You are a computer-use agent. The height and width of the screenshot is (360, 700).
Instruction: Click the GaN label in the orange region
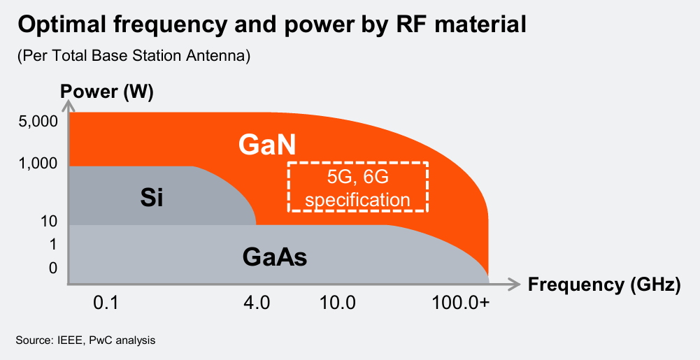click(x=267, y=145)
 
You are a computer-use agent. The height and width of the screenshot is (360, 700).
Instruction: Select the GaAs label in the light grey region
click(x=275, y=258)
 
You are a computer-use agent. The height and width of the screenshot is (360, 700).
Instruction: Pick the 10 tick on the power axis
click(x=48, y=222)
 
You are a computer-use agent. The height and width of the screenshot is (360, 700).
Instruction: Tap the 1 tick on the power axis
click(x=52, y=245)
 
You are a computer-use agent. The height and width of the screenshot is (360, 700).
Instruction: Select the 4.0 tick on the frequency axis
click(x=256, y=303)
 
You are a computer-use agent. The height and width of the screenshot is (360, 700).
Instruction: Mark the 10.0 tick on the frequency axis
click(x=338, y=303)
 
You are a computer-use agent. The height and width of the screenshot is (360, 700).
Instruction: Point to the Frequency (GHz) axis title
click(x=603, y=285)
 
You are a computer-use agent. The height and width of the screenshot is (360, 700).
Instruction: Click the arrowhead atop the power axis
click(x=69, y=106)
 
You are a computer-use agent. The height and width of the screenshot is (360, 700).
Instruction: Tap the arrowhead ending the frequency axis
click(x=515, y=284)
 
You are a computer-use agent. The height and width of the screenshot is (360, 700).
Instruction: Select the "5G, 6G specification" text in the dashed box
click(x=357, y=188)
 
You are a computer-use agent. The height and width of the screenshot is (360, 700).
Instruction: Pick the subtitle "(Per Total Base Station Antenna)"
click(x=134, y=56)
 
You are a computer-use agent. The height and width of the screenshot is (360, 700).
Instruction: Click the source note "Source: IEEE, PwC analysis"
click(x=85, y=340)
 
